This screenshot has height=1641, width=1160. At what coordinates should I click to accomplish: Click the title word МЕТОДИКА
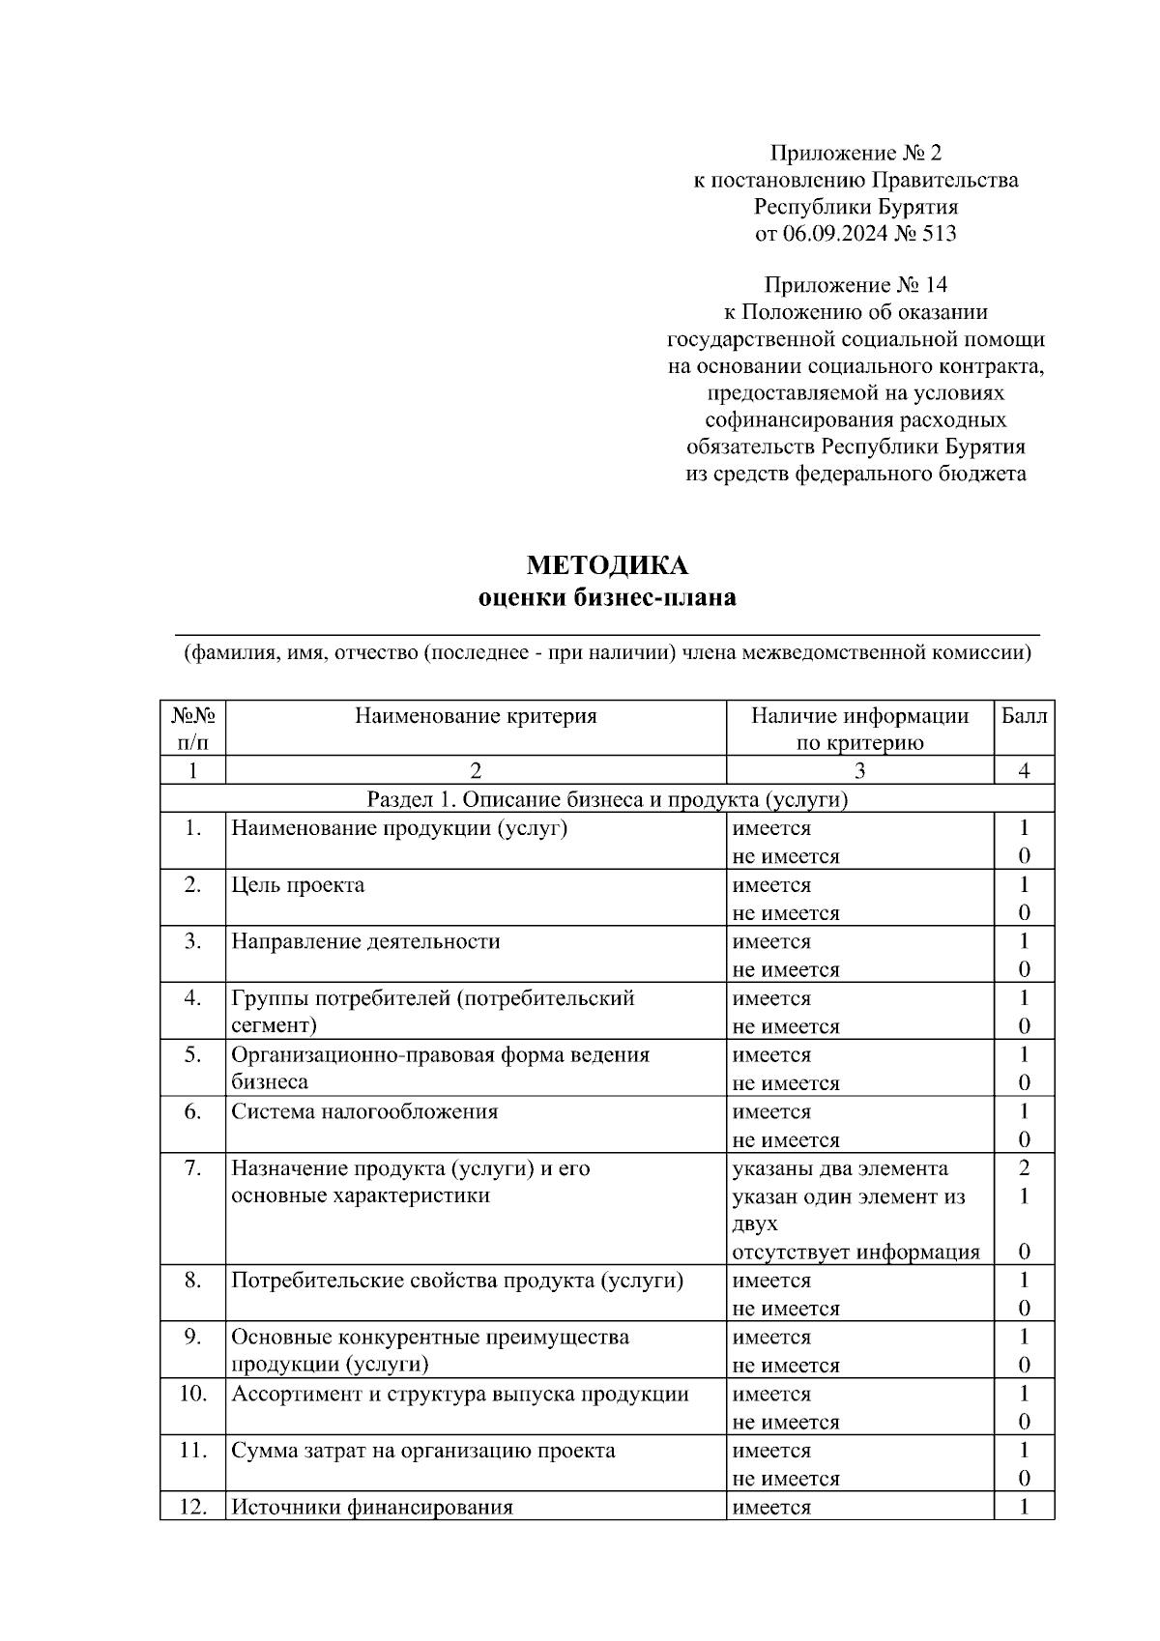(607, 565)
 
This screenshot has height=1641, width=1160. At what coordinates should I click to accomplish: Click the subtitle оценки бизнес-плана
(607, 598)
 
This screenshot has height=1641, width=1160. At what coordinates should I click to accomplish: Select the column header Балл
(1024, 716)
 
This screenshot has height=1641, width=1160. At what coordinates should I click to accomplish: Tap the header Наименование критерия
(476, 716)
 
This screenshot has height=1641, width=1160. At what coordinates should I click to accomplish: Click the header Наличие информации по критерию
(859, 729)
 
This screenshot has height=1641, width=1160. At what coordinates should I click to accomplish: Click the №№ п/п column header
(192, 729)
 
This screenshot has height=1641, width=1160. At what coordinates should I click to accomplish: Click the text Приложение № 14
(855, 285)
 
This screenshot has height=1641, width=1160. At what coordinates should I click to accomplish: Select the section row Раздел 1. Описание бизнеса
(607, 799)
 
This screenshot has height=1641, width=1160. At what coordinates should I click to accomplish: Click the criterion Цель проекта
(298, 885)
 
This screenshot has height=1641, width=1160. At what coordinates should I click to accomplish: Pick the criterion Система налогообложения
(364, 1111)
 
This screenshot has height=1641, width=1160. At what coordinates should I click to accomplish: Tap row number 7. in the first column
(192, 1168)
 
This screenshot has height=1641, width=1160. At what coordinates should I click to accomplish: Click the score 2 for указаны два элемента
(1024, 1168)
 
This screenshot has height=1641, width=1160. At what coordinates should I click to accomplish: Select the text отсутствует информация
(855, 1252)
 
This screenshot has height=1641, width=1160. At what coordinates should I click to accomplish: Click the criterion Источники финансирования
(371, 1507)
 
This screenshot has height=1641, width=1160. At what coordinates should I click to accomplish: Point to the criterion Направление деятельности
(365, 941)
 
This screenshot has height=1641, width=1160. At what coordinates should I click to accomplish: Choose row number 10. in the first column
(192, 1394)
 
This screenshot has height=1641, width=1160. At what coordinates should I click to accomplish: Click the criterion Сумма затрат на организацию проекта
(422, 1451)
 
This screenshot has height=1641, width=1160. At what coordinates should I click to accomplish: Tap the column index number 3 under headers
(859, 770)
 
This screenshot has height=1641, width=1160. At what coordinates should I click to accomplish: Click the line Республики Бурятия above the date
(855, 207)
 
